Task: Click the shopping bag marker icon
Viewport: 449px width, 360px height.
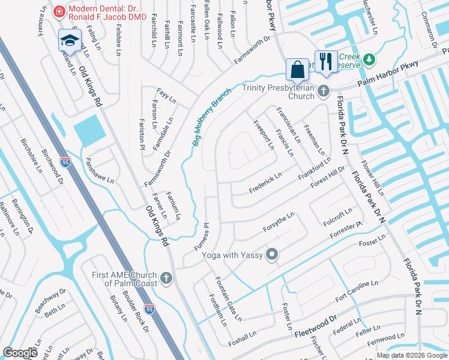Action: coord(297,70)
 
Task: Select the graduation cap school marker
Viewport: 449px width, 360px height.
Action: coord(69,41)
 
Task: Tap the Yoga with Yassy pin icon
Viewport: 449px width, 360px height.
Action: coord(272,255)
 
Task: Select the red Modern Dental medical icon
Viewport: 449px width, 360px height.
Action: coord(59,11)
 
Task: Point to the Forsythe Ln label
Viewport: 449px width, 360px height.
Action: coord(279,222)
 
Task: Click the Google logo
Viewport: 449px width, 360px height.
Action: coord(20,353)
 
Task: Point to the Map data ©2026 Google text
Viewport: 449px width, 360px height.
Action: coord(412,355)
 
